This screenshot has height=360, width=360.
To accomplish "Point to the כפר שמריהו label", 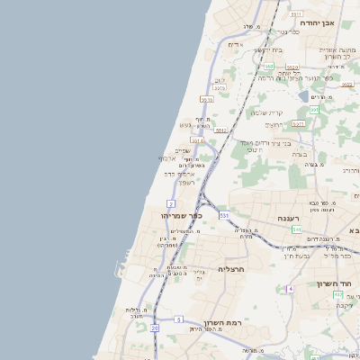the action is [x=182, y=215].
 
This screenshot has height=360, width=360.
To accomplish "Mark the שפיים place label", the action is [x=182, y=150].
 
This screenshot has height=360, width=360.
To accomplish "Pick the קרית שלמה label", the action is [x=266, y=112].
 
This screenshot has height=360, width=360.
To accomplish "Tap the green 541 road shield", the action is [x=295, y=229].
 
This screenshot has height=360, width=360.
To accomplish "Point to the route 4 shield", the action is [x=291, y=289].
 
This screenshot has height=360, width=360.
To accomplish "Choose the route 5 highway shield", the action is [x=178, y=319].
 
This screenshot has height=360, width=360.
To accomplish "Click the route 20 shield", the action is [x=155, y=328].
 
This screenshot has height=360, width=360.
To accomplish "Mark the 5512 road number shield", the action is [x=221, y=130].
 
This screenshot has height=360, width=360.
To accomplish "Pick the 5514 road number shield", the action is [x=197, y=141].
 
